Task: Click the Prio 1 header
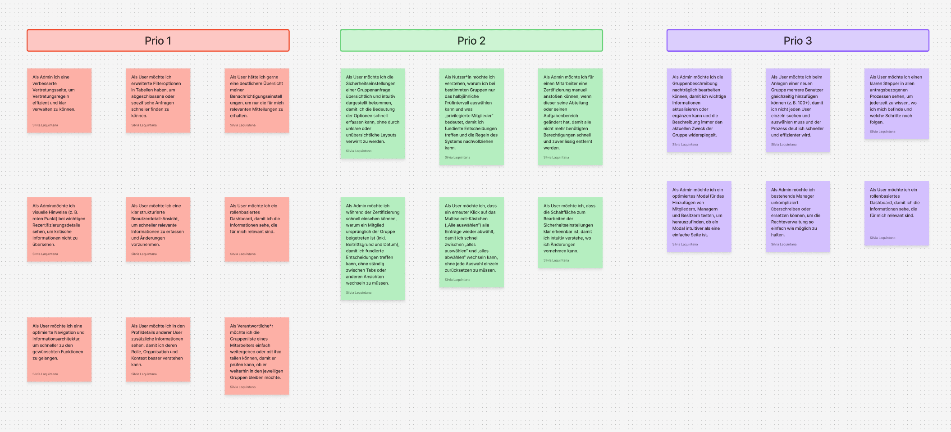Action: point(158,41)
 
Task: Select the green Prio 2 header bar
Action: point(471,41)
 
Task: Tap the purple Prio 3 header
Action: point(797,41)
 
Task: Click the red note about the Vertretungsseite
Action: point(59,100)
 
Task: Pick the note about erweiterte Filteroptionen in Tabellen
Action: point(158,100)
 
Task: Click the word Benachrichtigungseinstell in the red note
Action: point(256,96)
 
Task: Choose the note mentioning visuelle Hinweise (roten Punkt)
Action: point(59,229)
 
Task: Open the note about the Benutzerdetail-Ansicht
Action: point(158,229)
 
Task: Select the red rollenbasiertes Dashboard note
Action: point(256,229)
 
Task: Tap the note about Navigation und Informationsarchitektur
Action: point(59,349)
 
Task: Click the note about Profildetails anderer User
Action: point(158,349)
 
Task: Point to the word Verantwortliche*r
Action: point(251,326)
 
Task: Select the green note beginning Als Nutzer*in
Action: point(471,116)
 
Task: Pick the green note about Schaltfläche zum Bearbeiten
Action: point(570,232)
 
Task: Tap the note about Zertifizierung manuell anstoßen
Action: point(570,116)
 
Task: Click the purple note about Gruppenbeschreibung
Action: point(699,110)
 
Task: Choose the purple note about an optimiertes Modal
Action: point(699,216)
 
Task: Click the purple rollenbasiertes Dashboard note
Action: point(896,213)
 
